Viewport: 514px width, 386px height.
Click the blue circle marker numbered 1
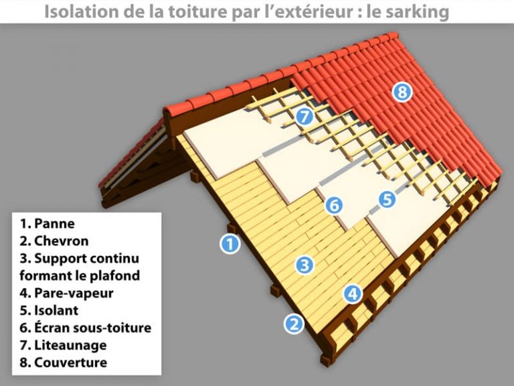(230, 244)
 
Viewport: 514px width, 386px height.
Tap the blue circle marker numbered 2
(294, 324)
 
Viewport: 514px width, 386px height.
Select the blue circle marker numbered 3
(305, 265)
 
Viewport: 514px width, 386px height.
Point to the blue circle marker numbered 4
(353, 293)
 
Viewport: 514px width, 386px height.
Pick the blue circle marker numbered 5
(387, 198)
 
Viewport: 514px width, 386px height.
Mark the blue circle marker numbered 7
(305, 117)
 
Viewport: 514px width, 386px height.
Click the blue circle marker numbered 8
(402, 92)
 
